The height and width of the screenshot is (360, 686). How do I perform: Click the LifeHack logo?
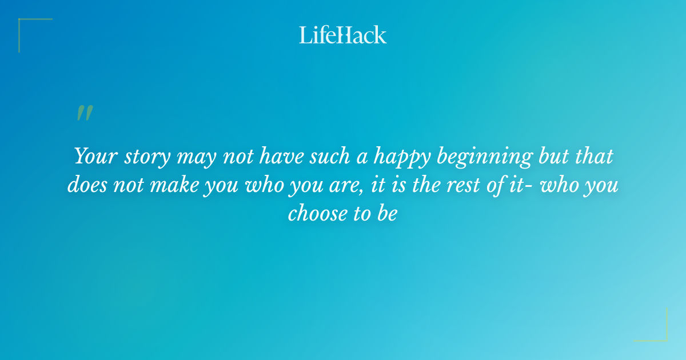pyautogui.click(x=342, y=35)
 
